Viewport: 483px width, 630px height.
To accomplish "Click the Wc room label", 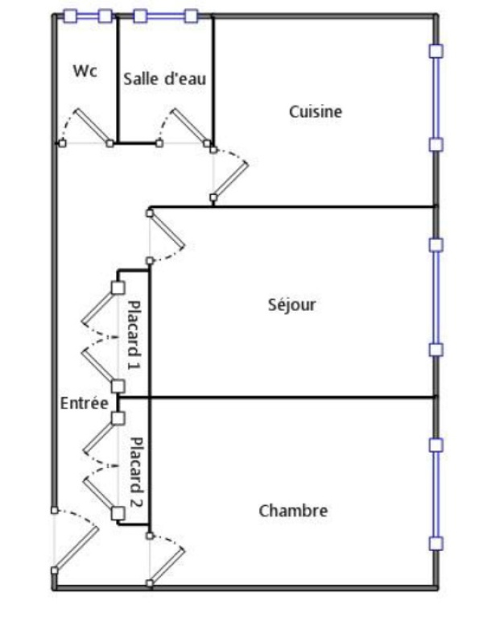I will coord(85,71).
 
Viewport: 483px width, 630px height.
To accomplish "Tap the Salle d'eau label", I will coord(165,79).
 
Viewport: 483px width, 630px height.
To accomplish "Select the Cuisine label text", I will coord(316,112).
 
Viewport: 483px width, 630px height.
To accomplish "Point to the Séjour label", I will coord(291,305).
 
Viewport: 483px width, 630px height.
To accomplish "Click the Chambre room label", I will coord(293,511).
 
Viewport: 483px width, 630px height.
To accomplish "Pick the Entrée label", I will coord(84,404).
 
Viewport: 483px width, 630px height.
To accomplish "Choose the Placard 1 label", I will coord(134,334).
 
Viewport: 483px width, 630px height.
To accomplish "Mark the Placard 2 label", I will coord(135,470).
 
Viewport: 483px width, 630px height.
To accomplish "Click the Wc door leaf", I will coord(93,126).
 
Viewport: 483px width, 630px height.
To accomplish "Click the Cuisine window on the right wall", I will coord(436,97).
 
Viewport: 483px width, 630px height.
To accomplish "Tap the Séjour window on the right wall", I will coord(436,296).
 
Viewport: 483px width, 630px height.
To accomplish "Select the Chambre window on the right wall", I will coord(436,494).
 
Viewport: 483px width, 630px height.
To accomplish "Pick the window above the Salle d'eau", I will coord(166,15).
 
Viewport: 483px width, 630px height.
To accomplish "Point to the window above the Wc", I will coord(87,15).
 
